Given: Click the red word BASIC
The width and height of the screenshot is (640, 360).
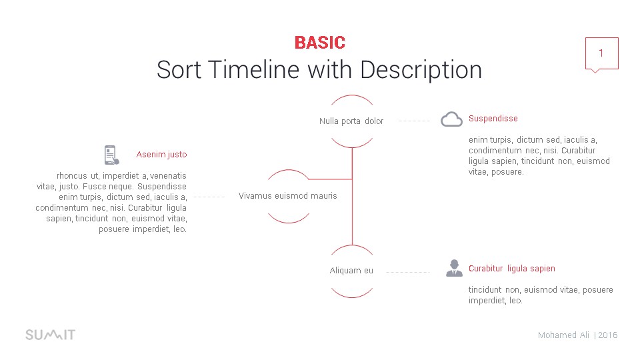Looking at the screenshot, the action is tap(320, 43).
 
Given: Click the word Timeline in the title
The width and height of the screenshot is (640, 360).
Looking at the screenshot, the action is tap(254, 69).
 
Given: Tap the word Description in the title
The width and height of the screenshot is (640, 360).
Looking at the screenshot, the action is tap(421, 70).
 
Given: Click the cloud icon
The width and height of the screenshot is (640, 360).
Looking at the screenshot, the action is tap(451, 119).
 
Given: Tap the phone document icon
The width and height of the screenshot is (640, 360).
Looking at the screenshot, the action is tap(111, 155).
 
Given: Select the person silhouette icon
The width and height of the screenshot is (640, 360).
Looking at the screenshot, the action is tap(454, 268).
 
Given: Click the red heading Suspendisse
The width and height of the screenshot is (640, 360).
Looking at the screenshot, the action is tap(493, 119).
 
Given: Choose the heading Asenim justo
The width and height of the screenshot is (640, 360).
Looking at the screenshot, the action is tap(161, 155).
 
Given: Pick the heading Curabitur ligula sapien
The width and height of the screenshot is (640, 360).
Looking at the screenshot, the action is tap(512, 269).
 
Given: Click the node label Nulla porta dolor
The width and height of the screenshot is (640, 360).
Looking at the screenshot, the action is tap(351, 121).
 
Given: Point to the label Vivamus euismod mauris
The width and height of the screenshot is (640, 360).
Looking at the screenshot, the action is tap(288, 196).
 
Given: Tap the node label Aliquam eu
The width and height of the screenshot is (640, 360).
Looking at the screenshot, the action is tap(351, 271).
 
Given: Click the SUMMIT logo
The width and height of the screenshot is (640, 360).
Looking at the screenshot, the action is tap(51, 335).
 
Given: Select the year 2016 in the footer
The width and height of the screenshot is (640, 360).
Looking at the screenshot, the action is tap(608, 335).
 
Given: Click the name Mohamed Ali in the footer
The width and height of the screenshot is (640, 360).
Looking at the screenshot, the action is tap(564, 335).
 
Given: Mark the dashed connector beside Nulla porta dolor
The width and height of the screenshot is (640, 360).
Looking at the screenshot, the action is tap(414, 121).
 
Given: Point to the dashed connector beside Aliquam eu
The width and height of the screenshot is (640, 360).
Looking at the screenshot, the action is tap(408, 272).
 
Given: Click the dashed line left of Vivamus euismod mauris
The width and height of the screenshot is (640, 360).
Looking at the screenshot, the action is tap(209, 197).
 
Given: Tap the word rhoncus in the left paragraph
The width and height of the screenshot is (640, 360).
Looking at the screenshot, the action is tap(72, 176).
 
